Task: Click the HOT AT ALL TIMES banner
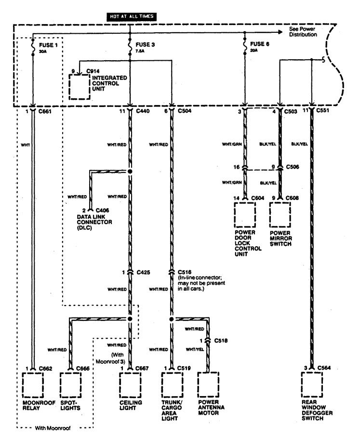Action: (x=132, y=16)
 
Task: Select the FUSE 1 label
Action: (x=48, y=45)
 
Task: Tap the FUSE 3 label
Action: (x=145, y=45)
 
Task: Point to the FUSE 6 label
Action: (x=259, y=44)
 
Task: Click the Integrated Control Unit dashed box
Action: (x=80, y=87)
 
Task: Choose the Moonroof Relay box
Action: (x=33, y=385)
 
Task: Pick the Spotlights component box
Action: (x=71, y=385)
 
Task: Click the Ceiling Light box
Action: (x=130, y=385)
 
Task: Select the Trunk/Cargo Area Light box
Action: (x=173, y=385)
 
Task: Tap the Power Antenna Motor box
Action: (x=208, y=385)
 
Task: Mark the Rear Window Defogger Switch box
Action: (x=312, y=385)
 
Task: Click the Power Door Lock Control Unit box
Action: (x=245, y=215)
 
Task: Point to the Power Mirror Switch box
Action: (x=280, y=215)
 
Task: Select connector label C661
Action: (x=45, y=111)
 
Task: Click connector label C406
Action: (x=102, y=211)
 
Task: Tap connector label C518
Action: (x=221, y=341)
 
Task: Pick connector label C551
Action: (x=322, y=110)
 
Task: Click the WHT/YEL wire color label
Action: (x=195, y=349)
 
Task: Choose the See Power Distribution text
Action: (x=303, y=32)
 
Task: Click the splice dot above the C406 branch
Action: (x=130, y=172)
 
